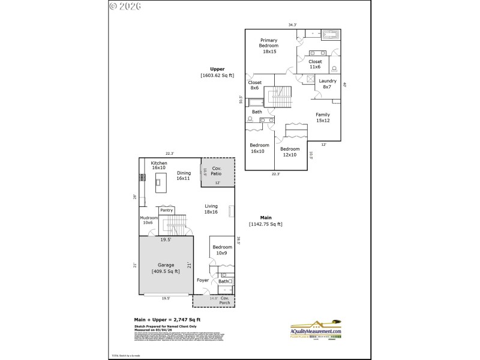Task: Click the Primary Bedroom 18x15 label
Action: [268, 46]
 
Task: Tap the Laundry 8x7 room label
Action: [327, 84]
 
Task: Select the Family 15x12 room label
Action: [323, 118]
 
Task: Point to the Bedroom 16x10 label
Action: [259, 148]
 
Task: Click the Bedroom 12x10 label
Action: [289, 152]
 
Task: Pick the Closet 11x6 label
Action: [315, 64]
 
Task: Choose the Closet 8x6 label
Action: [254, 85]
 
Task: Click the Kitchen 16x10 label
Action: [159, 166]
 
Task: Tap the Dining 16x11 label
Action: [183, 176]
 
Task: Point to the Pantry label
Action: [166, 211]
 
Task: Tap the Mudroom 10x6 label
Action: [148, 220]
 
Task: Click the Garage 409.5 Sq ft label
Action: [166, 268]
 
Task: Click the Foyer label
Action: [203, 280]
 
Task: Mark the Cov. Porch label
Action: [225, 301]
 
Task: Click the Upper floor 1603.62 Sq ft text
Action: [217, 72]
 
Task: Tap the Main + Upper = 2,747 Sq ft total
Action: [167, 320]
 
